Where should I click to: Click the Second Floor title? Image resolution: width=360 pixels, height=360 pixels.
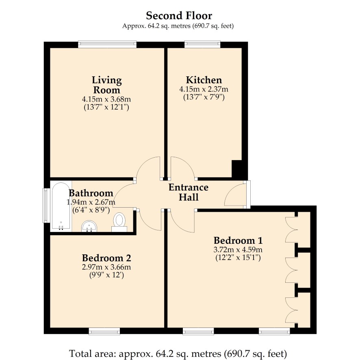click(x=179, y=16)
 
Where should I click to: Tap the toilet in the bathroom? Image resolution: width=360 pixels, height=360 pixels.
click(x=119, y=222)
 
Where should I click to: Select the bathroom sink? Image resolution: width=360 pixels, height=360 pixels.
click(x=89, y=226)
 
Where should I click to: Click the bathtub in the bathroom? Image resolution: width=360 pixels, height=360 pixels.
click(x=61, y=206)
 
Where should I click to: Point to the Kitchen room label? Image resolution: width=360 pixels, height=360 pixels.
click(x=204, y=80)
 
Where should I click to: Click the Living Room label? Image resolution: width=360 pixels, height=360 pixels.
click(x=106, y=85)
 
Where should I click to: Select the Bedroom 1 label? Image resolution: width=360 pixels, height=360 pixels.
click(x=238, y=241)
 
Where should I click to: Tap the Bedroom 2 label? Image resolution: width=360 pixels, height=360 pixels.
click(x=106, y=258)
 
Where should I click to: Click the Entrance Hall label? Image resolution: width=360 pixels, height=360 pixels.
click(x=189, y=192)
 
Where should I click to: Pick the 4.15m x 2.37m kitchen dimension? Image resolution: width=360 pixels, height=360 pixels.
click(x=204, y=89)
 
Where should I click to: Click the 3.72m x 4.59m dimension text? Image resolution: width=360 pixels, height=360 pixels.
click(x=238, y=249)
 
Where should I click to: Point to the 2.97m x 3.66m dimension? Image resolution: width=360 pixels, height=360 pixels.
click(x=106, y=267)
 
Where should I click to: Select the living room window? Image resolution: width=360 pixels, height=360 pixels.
click(x=107, y=45)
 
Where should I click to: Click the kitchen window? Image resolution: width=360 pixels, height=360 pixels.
click(x=202, y=45)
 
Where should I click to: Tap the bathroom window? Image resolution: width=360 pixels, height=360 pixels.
click(x=46, y=206)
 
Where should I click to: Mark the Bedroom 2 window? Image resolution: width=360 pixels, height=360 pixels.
click(x=104, y=331)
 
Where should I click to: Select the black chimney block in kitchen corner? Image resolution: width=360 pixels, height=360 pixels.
click(x=239, y=169)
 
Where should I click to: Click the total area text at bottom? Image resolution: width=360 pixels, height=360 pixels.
click(x=178, y=353)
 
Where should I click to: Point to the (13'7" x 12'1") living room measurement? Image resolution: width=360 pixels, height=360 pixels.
click(x=106, y=107)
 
